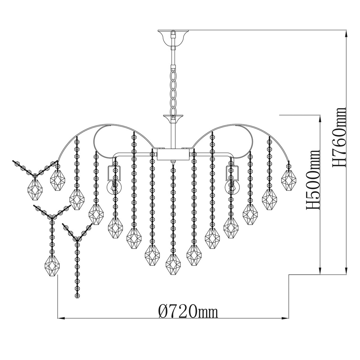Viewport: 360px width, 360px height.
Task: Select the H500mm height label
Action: (x=312, y=180)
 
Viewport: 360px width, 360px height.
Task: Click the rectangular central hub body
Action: (x=174, y=154)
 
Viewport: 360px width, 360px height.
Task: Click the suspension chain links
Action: (x=174, y=90)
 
